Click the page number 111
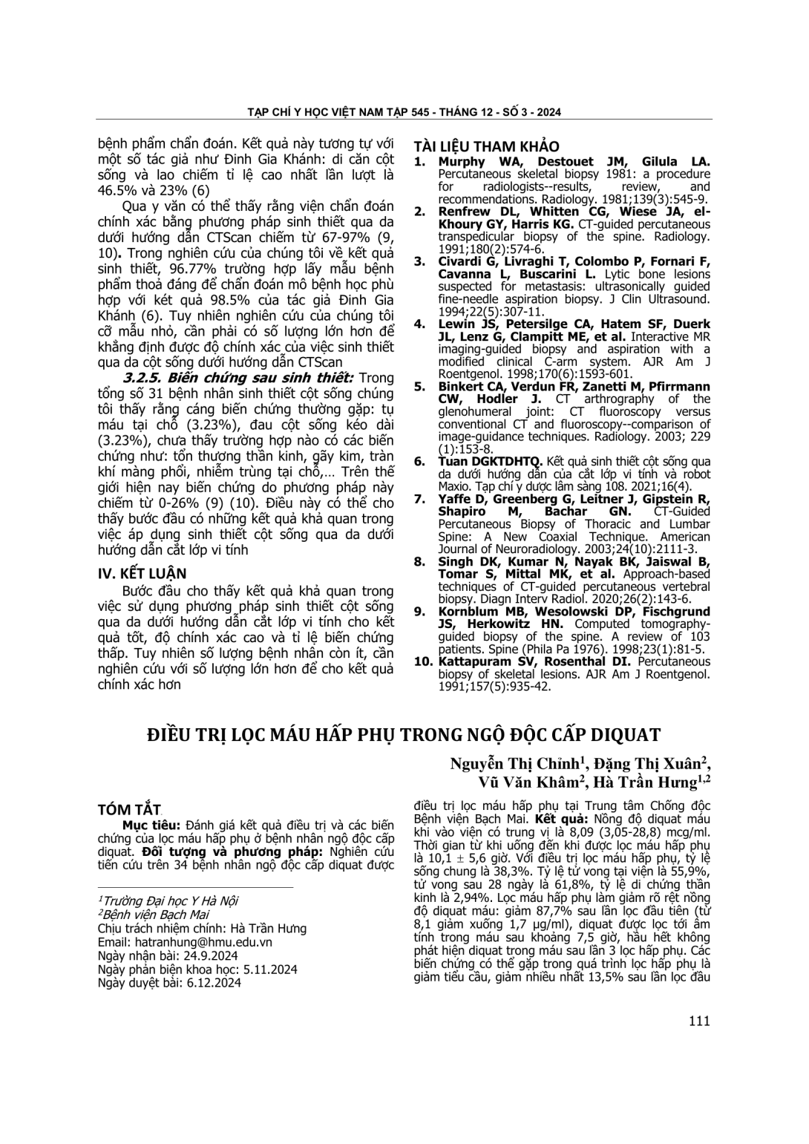pyautogui.click(x=699, y=1021)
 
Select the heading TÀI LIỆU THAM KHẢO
pyautogui.click(x=486, y=147)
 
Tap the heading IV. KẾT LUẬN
pyautogui.click(x=143, y=573)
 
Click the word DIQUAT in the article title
pyautogui.click(x=625, y=735)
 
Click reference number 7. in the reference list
pyautogui.click(x=421, y=499)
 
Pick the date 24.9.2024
pyautogui.click(x=209, y=955)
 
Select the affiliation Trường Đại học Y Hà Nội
pyautogui.click(x=170, y=901)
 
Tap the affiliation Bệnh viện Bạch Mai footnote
pyautogui.click(x=156, y=915)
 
